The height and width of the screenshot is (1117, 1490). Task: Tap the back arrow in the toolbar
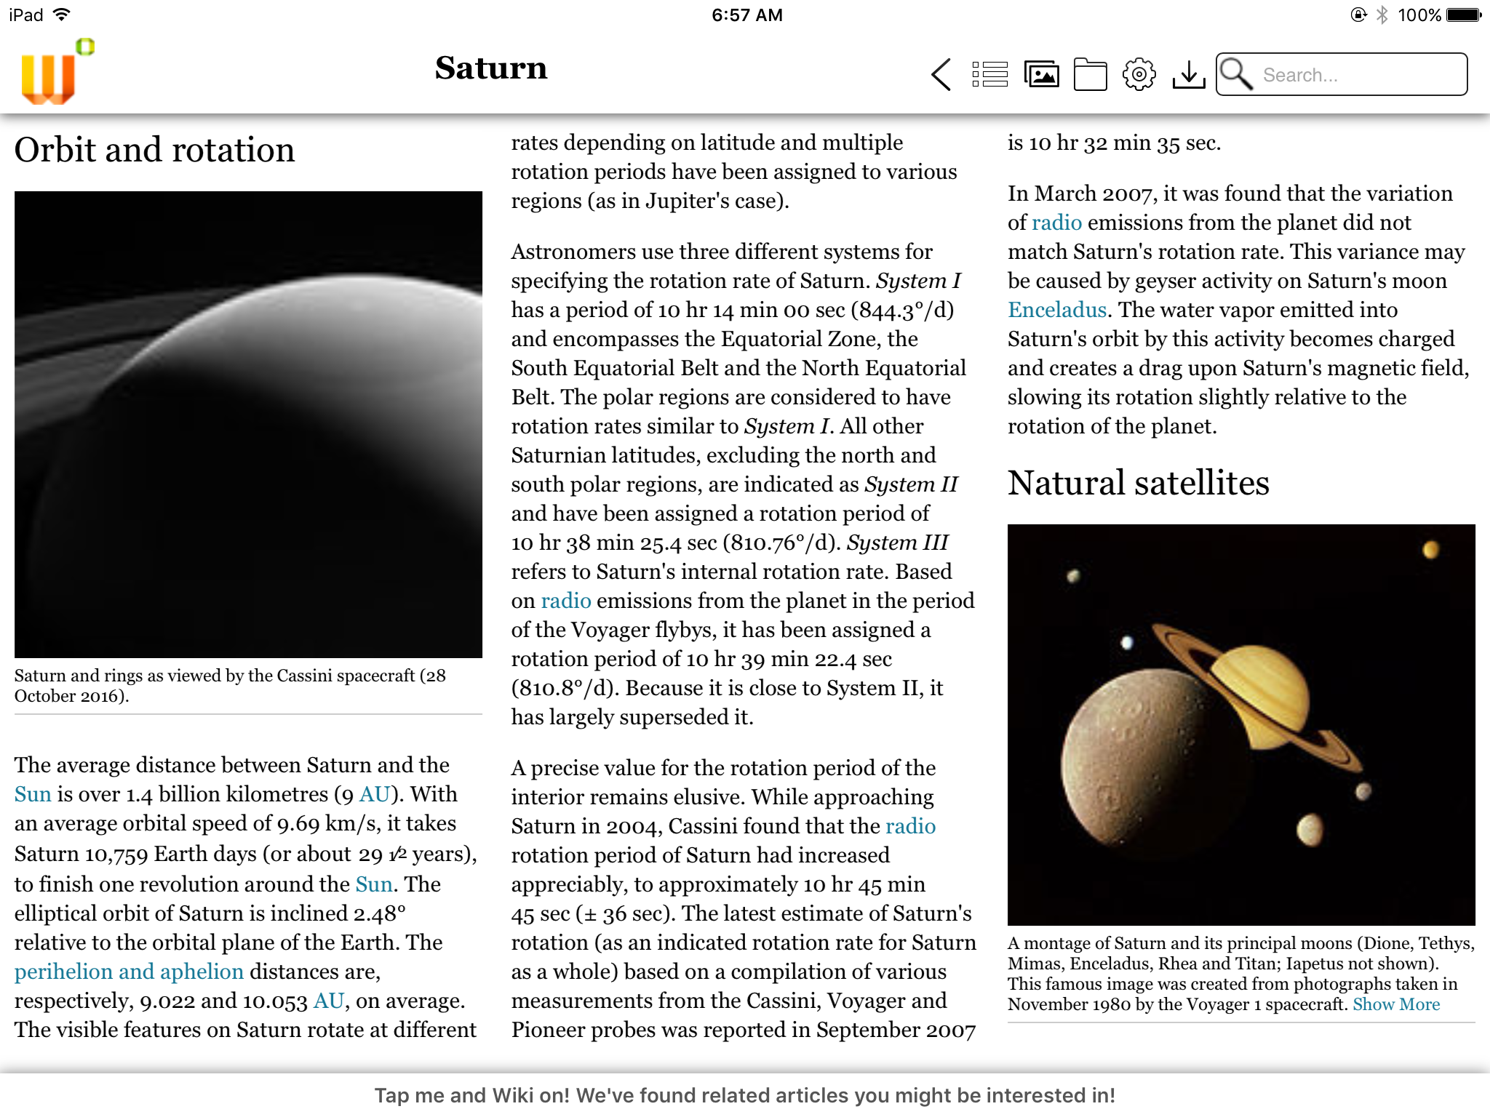941,74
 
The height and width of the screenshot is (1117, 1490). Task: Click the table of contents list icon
990,74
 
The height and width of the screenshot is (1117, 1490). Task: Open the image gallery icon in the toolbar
1041,74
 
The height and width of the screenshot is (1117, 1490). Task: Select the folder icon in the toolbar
1090,74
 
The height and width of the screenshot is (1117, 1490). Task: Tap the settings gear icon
1139,74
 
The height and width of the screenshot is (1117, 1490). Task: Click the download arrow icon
1189,74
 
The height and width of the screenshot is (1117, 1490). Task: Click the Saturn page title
491,68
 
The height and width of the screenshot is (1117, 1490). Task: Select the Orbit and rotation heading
154,150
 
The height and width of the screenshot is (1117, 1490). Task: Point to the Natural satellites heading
1138,483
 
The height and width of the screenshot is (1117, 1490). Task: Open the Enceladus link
1057,310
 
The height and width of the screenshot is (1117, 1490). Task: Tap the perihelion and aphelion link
129,972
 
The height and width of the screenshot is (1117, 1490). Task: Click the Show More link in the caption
1396,1004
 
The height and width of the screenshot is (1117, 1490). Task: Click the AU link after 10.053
328,1001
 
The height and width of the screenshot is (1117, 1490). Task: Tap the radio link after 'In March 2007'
1056,223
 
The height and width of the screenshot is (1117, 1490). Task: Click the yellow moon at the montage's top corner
1430,550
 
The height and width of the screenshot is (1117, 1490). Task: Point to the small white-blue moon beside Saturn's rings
1127,642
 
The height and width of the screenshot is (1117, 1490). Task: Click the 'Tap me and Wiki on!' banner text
745,1095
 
